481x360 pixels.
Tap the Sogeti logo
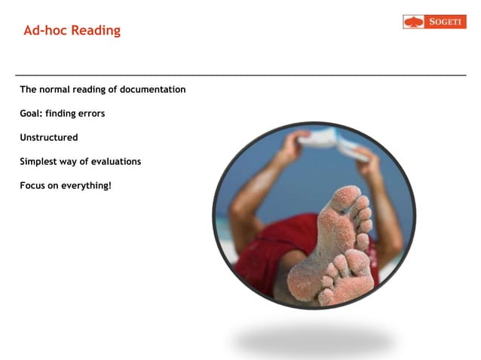tap(434, 22)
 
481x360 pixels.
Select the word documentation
tap(152, 90)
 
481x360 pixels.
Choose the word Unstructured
tap(49, 138)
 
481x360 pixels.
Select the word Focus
tap(34, 185)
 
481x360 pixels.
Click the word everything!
tap(85, 185)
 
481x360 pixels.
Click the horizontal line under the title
tap(240, 75)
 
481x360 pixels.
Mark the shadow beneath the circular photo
tap(313, 340)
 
